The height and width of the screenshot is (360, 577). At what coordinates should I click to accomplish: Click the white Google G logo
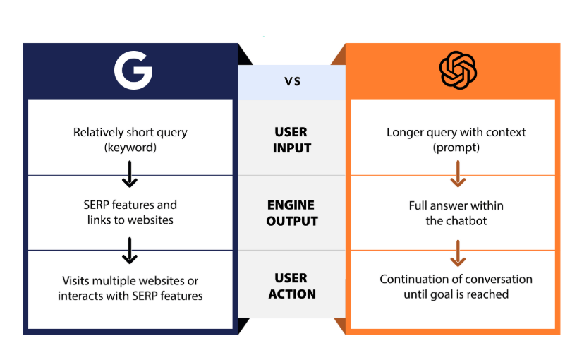coord(133,70)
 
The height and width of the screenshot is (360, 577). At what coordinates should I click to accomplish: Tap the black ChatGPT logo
coord(458,70)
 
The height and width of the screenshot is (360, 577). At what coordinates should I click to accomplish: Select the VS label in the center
coord(292,81)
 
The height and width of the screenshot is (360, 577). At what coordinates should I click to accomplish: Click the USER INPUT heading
coord(291,140)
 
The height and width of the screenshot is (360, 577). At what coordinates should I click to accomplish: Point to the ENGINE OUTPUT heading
coord(292,212)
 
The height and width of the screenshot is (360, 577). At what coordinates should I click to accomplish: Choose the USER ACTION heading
coord(291,286)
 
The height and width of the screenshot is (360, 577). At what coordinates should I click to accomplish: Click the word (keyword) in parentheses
coord(130,148)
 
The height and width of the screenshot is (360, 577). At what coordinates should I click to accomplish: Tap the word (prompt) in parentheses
coord(456,148)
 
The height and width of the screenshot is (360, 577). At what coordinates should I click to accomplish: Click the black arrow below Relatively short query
coord(130,175)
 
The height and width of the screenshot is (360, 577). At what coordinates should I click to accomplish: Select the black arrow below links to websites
coord(130,250)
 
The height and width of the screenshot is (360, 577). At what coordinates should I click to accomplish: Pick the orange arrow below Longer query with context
coord(458,174)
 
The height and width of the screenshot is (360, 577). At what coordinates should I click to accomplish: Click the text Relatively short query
coord(130,132)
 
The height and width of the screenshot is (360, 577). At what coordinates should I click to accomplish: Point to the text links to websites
coord(130,220)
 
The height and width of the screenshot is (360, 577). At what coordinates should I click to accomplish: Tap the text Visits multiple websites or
coord(130,280)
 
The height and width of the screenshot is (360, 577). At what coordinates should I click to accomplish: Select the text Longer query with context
coord(456,132)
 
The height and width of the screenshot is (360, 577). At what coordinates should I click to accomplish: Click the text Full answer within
coord(456,205)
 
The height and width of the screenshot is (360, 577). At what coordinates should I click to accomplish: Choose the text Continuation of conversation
coord(456,279)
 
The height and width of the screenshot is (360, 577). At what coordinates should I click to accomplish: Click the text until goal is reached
coord(456,294)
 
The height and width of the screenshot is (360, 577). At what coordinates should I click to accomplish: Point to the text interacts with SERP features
coord(130,296)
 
